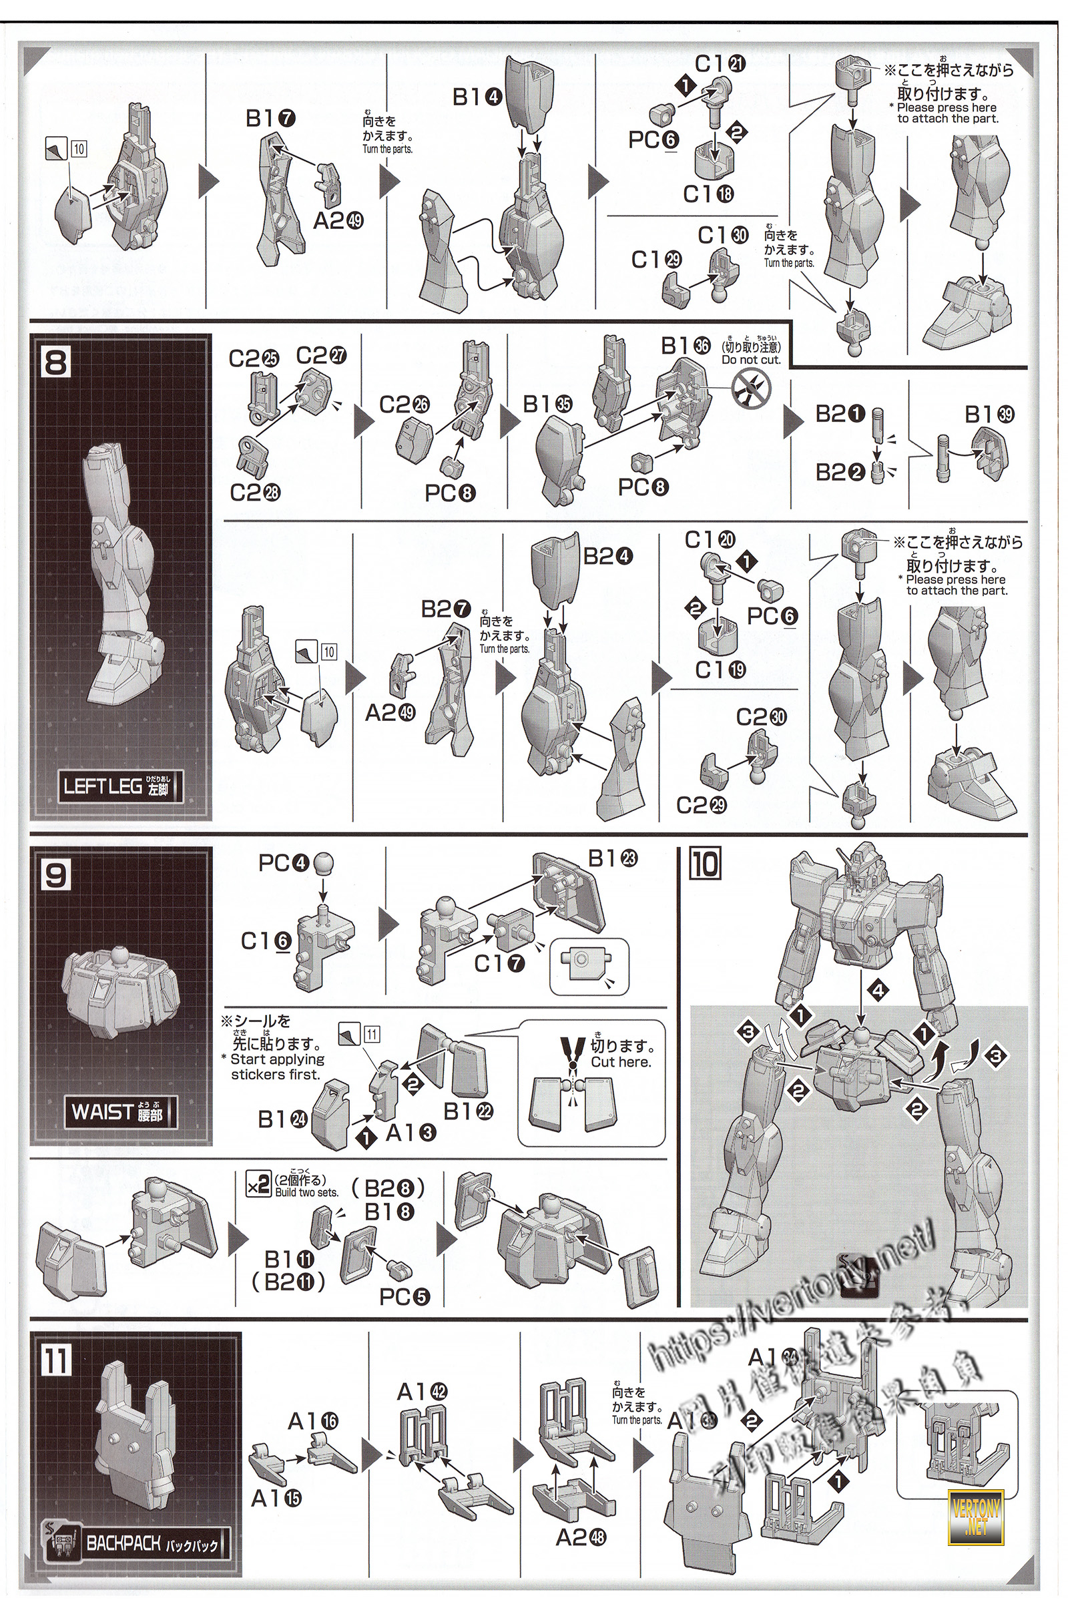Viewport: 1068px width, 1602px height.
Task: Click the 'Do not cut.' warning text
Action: coord(752,360)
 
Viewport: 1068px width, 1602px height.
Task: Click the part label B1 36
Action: coord(686,345)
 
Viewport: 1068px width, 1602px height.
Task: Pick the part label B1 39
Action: coord(989,414)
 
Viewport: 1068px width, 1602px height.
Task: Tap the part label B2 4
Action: coord(607,557)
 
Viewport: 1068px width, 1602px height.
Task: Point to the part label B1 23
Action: coord(613,858)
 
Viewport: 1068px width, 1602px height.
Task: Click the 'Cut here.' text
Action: coord(621,1062)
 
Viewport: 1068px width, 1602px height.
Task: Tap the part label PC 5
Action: coord(405,1298)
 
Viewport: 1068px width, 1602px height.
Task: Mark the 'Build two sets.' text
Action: coord(306,1193)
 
